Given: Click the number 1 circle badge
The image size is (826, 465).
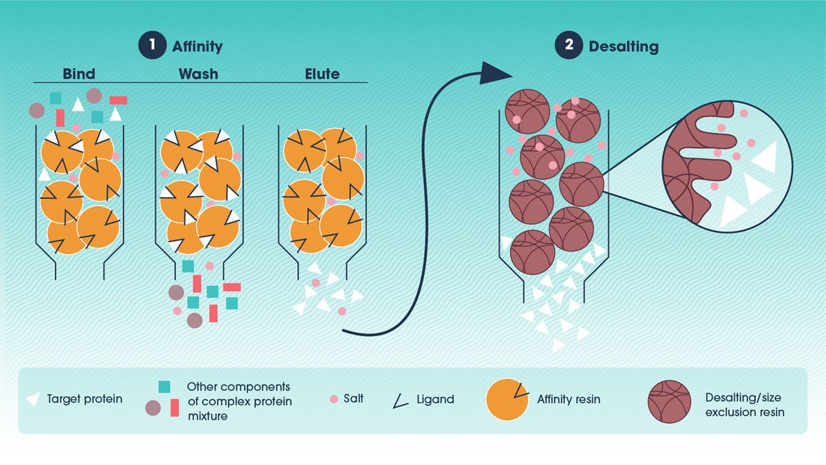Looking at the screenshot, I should pyautogui.click(x=151, y=47).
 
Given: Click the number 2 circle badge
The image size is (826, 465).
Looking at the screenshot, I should pyautogui.click(x=568, y=47).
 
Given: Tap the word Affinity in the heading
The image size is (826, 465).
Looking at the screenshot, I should pyautogui.click(x=197, y=47).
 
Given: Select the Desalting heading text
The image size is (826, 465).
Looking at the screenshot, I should pyautogui.click(x=623, y=47).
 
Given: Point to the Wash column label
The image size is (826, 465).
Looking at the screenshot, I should pyautogui.click(x=198, y=73).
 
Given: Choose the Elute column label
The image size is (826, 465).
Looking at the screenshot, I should pyautogui.click(x=322, y=73).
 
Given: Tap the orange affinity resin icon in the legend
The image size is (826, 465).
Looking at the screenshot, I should pyautogui.click(x=508, y=400).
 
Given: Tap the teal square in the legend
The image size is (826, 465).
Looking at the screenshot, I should pyautogui.click(x=165, y=388).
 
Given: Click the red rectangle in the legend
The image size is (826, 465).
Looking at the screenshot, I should pyautogui.click(x=174, y=408).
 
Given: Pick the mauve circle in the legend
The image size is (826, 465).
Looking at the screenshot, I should pyautogui.click(x=153, y=407).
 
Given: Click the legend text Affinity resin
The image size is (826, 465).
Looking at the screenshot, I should pyautogui.click(x=568, y=399).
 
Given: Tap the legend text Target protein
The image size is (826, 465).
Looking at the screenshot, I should pyautogui.click(x=85, y=399).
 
